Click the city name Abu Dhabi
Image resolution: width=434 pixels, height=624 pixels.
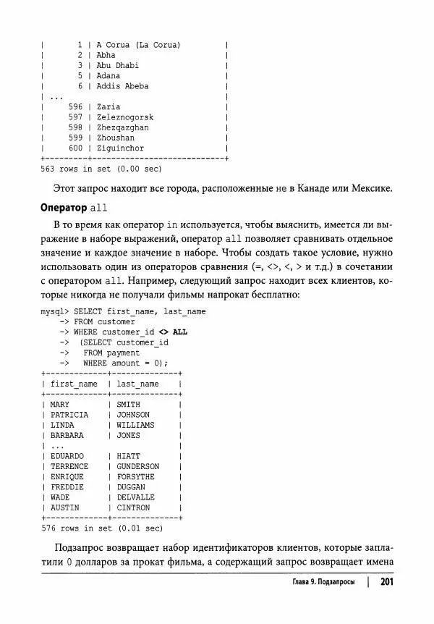click(x=117, y=65)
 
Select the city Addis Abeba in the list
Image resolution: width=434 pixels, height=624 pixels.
click(x=122, y=86)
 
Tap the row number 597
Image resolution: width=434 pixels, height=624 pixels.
click(x=75, y=117)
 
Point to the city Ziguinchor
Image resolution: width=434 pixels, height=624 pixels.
click(x=120, y=148)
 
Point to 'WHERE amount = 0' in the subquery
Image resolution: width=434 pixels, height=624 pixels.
click(x=125, y=363)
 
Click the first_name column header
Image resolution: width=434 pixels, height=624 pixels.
click(x=74, y=384)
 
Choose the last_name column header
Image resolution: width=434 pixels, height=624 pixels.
click(x=137, y=384)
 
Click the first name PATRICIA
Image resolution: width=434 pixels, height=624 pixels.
click(x=69, y=415)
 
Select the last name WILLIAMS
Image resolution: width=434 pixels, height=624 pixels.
click(x=135, y=425)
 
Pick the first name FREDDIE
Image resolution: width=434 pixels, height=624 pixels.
click(x=67, y=487)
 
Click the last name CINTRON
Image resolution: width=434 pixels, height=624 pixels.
click(x=133, y=508)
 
